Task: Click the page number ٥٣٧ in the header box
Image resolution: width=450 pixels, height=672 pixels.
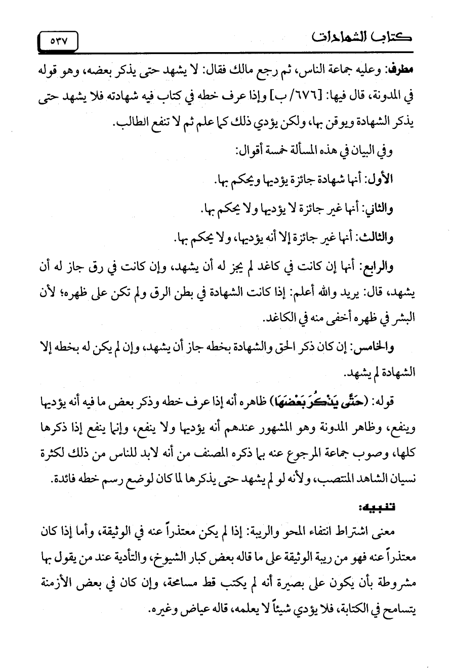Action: point(59,39)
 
